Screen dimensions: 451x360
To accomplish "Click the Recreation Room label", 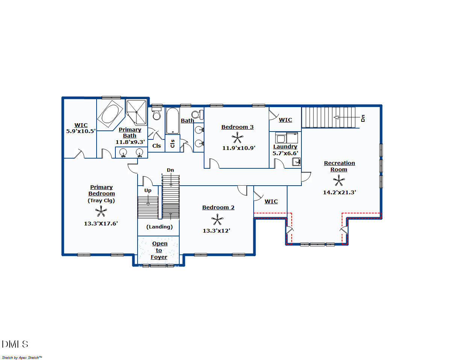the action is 339,166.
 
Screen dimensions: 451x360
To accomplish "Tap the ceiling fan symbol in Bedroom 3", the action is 237,138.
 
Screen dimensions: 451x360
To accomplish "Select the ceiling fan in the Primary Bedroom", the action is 101,211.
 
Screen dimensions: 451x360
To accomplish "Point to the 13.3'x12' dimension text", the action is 216,231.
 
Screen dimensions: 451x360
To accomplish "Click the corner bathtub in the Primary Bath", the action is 110,114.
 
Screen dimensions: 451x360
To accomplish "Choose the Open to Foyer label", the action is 159,250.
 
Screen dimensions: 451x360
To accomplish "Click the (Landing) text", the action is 159,227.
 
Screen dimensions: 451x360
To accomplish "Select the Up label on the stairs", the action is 148,191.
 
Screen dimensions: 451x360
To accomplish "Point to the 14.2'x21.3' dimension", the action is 339,192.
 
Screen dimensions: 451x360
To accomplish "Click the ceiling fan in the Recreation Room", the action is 339,180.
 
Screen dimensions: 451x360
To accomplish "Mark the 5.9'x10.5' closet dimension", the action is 81,131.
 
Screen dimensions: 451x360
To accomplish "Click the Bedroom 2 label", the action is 218,207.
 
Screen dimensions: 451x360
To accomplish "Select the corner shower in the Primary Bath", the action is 136,112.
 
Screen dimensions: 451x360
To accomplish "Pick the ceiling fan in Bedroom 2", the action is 217,219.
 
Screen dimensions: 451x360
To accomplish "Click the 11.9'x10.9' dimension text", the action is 239,148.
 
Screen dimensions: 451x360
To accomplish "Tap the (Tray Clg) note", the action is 101,201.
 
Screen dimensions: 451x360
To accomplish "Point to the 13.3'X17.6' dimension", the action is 101,224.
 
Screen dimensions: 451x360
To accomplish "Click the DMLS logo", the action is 15,344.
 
